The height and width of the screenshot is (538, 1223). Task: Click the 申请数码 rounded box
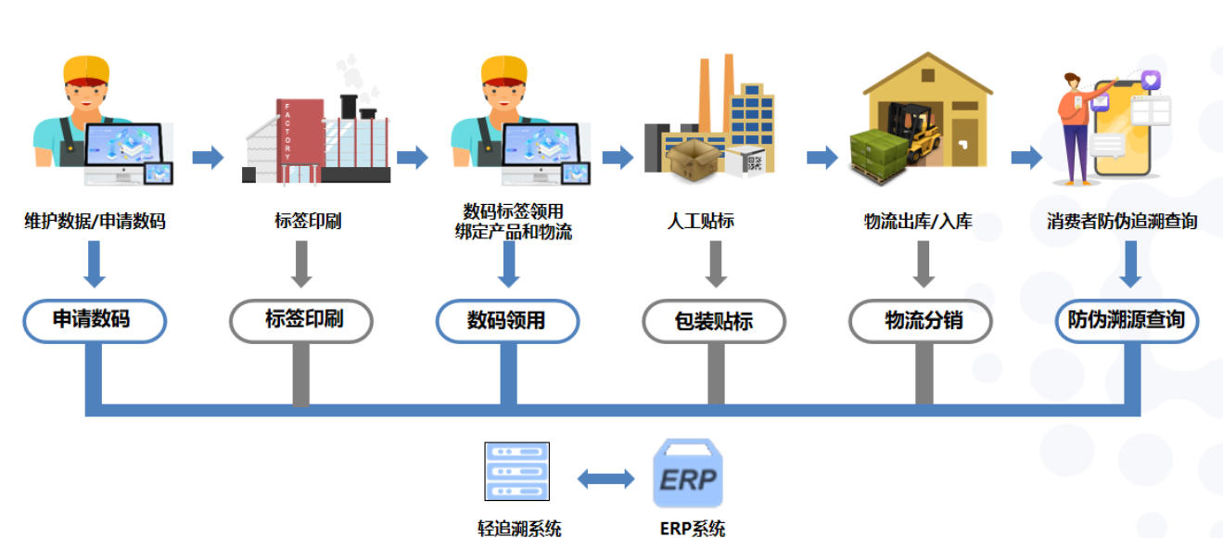pyautogui.click(x=94, y=321)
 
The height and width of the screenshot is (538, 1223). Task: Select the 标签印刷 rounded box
pyautogui.click(x=300, y=321)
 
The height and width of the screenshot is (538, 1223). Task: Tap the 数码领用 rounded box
pyautogui.click(x=507, y=321)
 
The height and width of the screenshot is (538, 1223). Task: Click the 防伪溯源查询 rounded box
pyautogui.click(x=1127, y=321)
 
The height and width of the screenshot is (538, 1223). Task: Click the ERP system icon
pyautogui.click(x=687, y=474)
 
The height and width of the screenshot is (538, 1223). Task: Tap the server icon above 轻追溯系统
pyautogui.click(x=516, y=472)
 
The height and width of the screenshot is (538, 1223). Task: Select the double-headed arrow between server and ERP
pyautogui.click(x=605, y=479)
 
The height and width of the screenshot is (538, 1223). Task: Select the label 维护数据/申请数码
pyautogui.click(x=95, y=222)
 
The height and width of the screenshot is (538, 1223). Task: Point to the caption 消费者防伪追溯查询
pyautogui.click(x=1122, y=222)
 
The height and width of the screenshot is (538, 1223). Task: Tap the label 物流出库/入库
pyautogui.click(x=918, y=222)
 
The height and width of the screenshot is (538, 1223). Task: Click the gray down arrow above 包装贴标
pyautogui.click(x=715, y=263)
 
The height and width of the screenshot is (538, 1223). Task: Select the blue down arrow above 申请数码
pyautogui.click(x=94, y=263)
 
